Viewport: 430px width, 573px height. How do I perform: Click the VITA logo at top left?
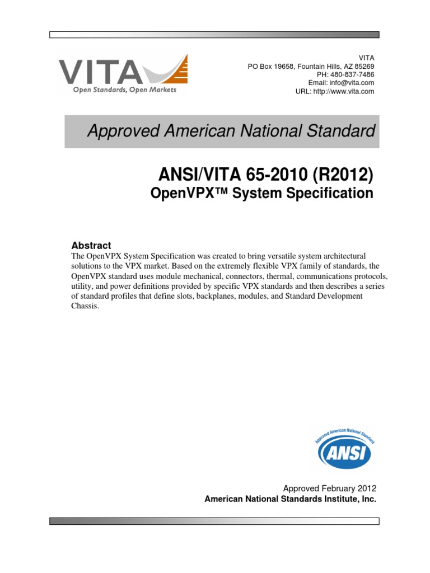pos(123,74)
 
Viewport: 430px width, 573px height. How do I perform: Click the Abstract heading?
pos(91,245)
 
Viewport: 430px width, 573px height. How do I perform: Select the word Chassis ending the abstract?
pos(85,307)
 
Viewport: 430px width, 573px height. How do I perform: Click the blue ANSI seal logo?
pos(344,447)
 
